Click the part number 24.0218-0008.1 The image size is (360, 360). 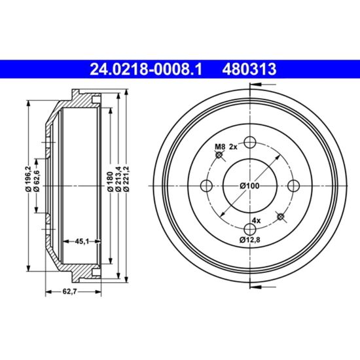(146, 69)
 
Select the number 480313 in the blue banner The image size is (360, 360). (249, 69)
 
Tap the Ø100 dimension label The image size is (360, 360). (249, 185)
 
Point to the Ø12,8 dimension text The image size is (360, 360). (250, 240)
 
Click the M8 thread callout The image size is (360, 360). (220, 147)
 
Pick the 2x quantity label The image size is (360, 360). (233, 147)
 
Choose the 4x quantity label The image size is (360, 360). (256, 221)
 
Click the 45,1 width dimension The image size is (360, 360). (82, 242)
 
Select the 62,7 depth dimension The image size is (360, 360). (69, 291)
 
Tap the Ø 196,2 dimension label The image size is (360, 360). (28, 179)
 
